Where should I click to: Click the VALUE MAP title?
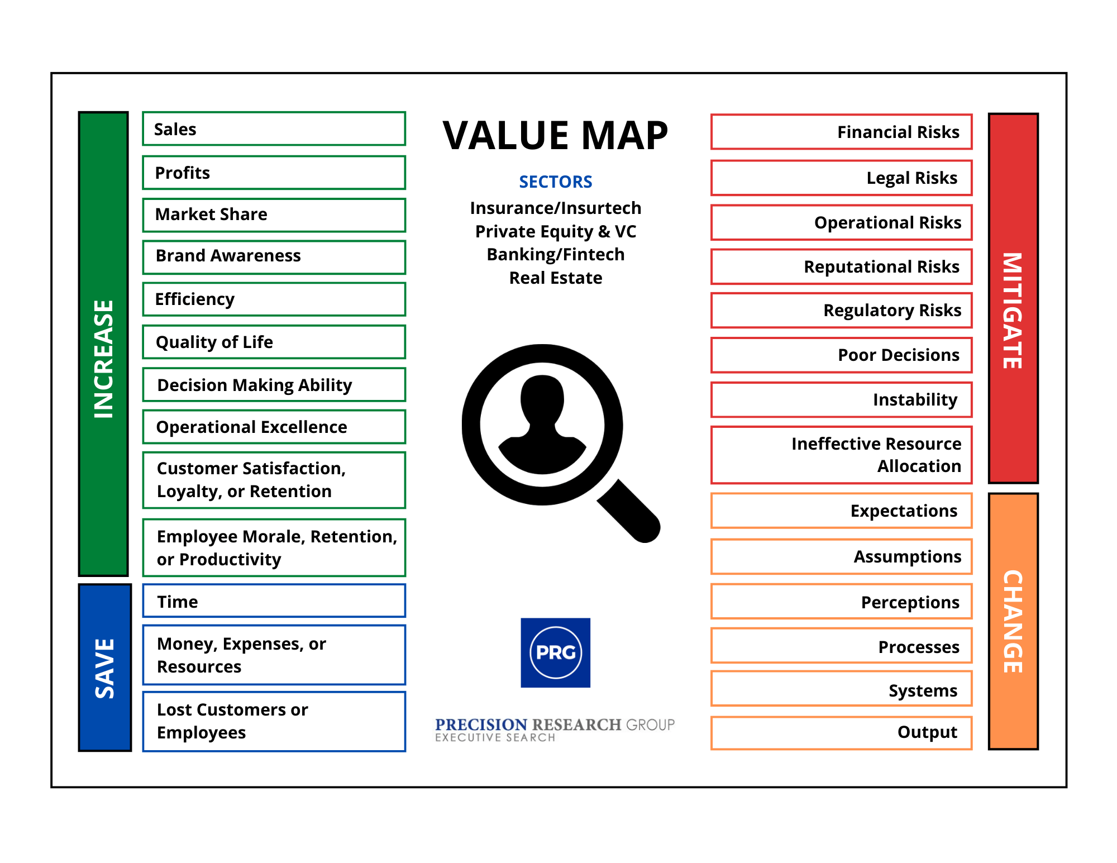[555, 136]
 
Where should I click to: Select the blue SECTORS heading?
[555, 182]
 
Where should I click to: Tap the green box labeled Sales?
[274, 129]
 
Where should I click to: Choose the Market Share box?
[274, 214]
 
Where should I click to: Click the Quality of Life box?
[274, 342]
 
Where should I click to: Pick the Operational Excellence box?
[274, 427]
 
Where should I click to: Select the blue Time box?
[274, 601]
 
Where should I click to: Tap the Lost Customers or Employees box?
[274, 721]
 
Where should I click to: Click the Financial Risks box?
[841, 132]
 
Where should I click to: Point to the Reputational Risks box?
[841, 266]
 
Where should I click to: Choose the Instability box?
[841, 399]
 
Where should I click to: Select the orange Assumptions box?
[841, 556]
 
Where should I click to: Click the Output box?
[841, 732]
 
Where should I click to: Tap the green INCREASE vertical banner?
[103, 344]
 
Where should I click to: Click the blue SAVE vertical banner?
[104, 667]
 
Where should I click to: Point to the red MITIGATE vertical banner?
[1013, 298]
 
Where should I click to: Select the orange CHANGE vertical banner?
[1013, 621]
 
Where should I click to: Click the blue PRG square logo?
[555, 652]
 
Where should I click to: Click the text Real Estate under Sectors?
[555, 278]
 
